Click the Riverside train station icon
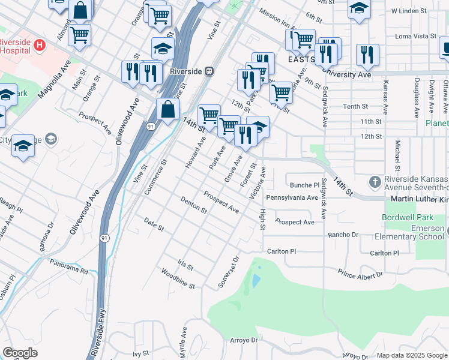tap(209, 71)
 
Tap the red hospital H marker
tap(40, 44)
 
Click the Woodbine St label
tap(178, 279)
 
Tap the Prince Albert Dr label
tap(360, 274)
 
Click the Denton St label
tap(193, 206)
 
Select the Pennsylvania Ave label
tap(292, 197)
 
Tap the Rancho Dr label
tap(343, 235)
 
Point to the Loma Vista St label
tap(416, 36)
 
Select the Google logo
tap(20, 353)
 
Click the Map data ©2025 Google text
tap(411, 355)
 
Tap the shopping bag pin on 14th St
tap(167, 110)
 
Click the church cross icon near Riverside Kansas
tap(375, 181)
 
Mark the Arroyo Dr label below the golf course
tap(244, 340)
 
